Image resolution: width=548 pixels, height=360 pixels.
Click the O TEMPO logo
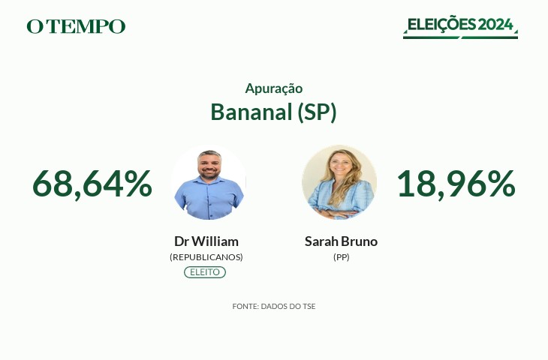click(76, 26)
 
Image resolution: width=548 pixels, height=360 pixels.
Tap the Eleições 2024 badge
click(460, 27)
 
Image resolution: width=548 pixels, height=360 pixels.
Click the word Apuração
click(274, 88)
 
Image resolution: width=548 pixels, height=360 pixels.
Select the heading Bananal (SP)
click(274, 112)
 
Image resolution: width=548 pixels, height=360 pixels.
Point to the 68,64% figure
click(92, 184)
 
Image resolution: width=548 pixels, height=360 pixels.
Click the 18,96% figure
click(456, 184)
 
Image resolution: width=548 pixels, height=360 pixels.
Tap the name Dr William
click(206, 241)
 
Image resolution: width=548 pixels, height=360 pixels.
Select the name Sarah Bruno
click(341, 241)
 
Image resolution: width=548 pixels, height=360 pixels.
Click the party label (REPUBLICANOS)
click(206, 257)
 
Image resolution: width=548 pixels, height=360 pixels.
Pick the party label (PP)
click(342, 257)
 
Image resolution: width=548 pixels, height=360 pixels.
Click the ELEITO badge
click(205, 272)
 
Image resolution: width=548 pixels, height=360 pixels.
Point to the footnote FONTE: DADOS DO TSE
click(274, 306)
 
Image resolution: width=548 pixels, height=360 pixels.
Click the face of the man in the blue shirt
click(209, 166)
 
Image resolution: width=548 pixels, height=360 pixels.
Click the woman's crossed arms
click(336, 213)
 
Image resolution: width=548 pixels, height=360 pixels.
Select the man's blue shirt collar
click(209, 181)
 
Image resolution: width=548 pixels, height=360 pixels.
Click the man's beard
click(209, 174)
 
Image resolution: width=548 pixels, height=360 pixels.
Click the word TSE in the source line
click(309, 306)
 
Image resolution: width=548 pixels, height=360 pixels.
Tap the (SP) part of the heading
click(317, 112)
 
